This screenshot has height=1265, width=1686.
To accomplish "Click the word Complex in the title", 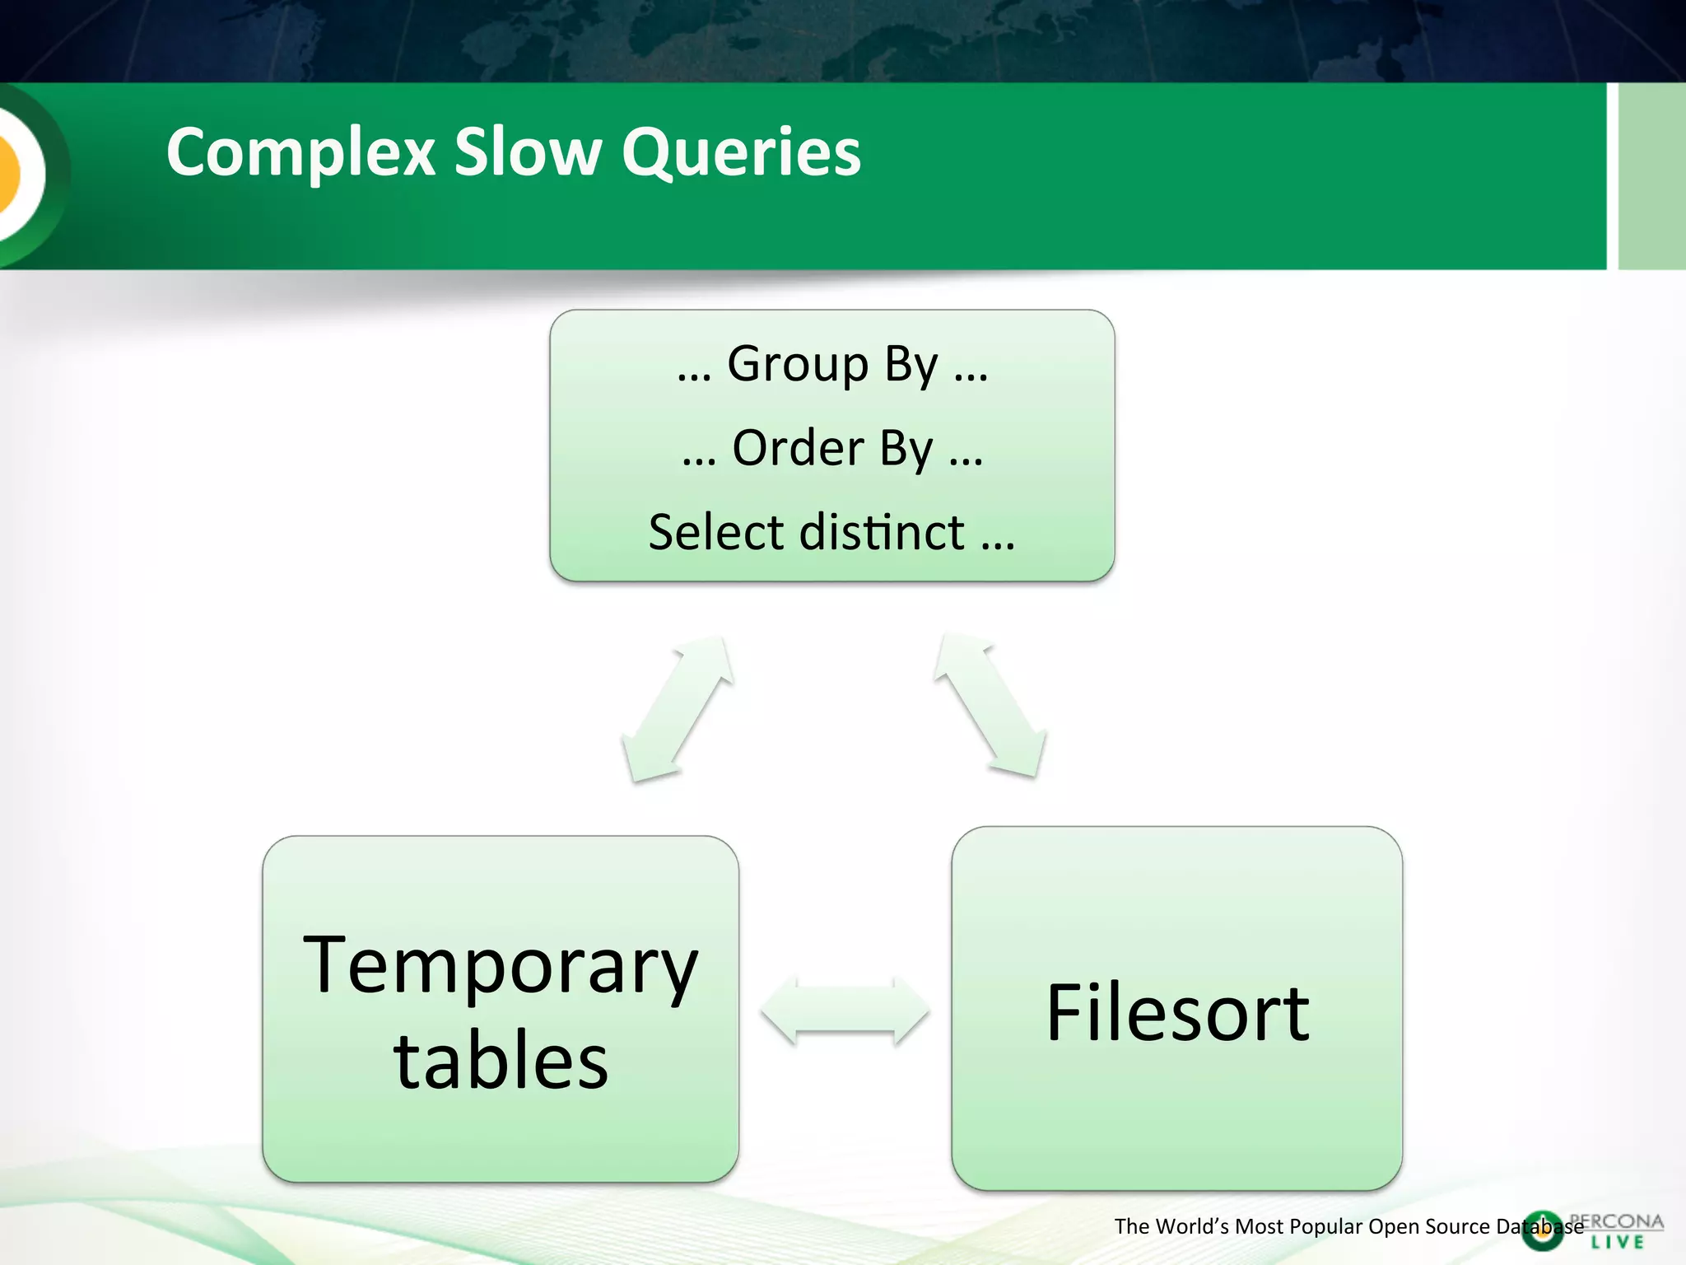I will point(300,153).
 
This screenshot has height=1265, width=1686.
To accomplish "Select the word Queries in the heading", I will point(741,153).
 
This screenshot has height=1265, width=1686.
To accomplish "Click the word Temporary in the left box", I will point(501,967).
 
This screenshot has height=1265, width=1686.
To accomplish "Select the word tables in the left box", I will point(501,1062).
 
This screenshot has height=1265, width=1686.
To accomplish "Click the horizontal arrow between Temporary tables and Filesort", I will point(845,1011).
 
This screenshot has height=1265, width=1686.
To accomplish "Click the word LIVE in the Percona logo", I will point(1617,1242).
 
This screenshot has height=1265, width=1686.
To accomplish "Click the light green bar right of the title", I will point(1651,175).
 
